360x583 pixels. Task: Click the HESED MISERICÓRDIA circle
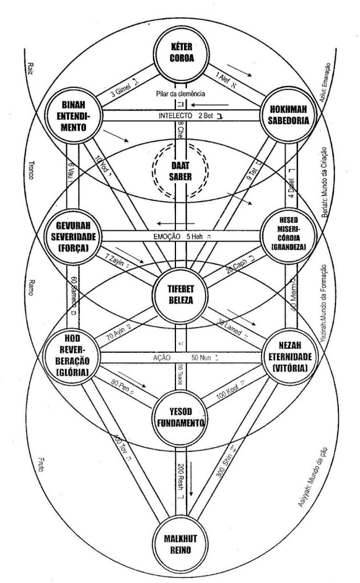point(280,234)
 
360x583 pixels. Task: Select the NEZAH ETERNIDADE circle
point(282,354)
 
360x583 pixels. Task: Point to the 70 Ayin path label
point(121,330)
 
